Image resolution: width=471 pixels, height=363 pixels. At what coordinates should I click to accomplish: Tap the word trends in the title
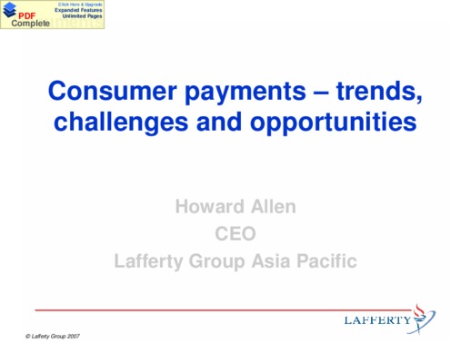(x=379, y=92)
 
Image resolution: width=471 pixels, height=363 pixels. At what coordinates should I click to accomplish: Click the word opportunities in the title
(x=333, y=123)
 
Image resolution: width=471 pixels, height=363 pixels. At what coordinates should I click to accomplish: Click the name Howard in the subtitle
(x=210, y=207)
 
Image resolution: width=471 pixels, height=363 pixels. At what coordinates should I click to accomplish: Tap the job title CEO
(x=235, y=233)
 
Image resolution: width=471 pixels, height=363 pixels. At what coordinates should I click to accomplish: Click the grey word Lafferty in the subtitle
(x=149, y=261)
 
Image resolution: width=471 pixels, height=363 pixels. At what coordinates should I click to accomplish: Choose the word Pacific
(x=326, y=260)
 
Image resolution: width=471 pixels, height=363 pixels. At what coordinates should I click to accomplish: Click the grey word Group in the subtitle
(x=216, y=262)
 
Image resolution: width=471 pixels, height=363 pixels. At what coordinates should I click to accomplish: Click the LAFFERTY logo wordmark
(x=377, y=320)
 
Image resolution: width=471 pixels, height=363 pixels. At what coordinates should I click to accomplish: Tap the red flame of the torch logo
(x=419, y=310)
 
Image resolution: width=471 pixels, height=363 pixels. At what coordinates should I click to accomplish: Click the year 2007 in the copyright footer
(x=74, y=336)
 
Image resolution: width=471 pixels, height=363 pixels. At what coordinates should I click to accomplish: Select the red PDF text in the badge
(x=27, y=16)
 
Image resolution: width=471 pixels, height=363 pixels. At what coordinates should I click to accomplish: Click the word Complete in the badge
(x=30, y=24)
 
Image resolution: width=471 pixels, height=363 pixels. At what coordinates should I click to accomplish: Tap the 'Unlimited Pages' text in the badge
(x=82, y=16)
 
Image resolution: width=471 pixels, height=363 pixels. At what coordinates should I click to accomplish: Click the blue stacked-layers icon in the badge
(x=10, y=9)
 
